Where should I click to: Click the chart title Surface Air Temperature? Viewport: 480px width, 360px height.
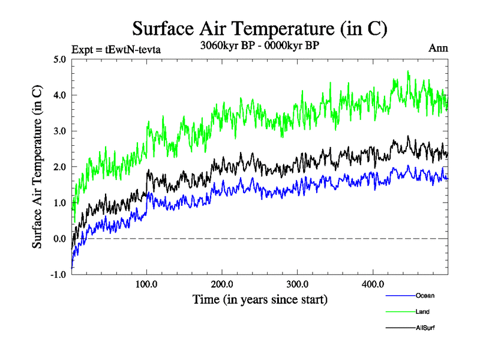coord(259,29)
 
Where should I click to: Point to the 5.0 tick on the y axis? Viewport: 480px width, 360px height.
coord(60,59)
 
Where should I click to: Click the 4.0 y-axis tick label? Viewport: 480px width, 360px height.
coord(60,95)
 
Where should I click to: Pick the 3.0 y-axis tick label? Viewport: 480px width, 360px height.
coord(60,131)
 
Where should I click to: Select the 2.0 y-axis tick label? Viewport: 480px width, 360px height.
coord(60,167)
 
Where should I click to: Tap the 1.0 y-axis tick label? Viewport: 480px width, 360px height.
coord(60,203)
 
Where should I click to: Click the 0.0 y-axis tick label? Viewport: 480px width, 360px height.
coord(60,239)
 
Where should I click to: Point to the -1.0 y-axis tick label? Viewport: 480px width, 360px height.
coord(59,275)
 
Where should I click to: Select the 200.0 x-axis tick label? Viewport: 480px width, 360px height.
coord(222,284)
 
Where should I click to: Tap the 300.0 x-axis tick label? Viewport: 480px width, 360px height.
coord(298,284)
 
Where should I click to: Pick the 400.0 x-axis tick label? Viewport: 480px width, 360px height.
coord(373,284)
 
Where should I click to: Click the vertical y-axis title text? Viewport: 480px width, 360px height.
coord(37,167)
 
